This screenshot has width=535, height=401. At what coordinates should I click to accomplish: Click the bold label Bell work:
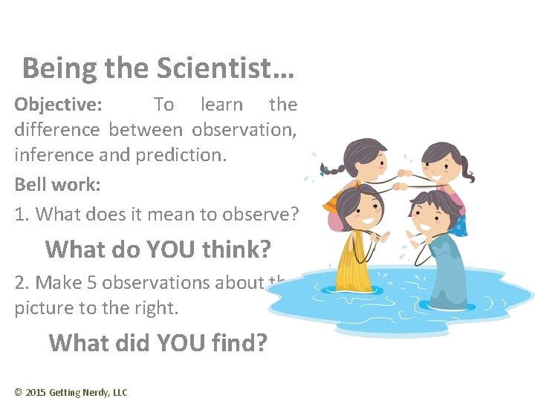click(57, 185)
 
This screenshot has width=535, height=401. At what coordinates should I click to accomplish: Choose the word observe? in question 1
click(261, 215)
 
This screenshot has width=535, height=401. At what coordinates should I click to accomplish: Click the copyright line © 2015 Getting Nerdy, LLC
click(71, 392)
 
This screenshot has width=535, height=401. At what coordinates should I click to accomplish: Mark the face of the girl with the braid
click(356, 159)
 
